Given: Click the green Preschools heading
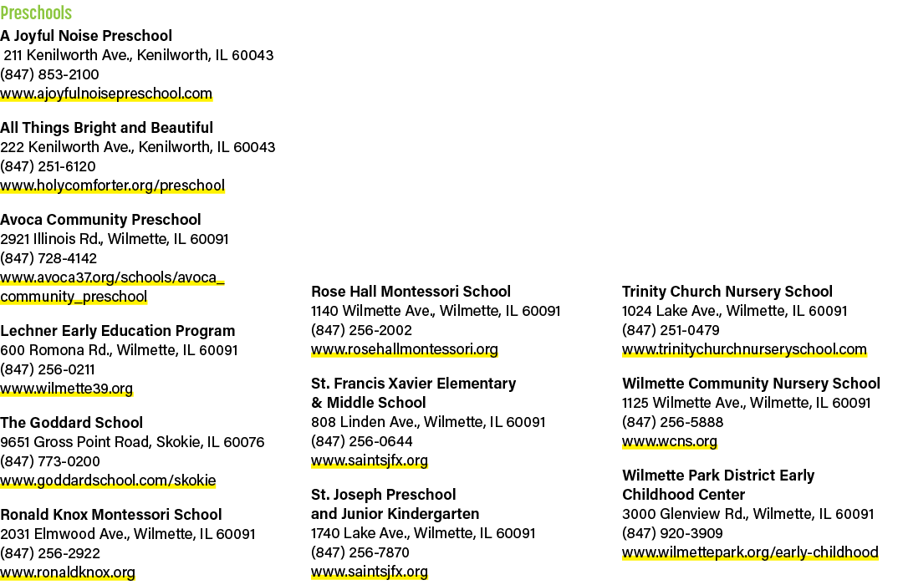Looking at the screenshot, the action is (x=36, y=13).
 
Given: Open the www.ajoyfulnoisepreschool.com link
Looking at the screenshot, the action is (x=106, y=94).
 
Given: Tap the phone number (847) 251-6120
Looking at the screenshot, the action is (x=48, y=166).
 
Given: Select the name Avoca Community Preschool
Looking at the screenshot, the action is (x=100, y=219).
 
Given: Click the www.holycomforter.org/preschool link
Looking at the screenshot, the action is (x=112, y=186).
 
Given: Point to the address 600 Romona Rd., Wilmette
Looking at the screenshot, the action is (x=119, y=350).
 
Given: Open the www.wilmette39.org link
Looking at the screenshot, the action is (x=66, y=389).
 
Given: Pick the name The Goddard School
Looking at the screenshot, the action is (x=71, y=423).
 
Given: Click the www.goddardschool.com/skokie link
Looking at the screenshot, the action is (x=108, y=481).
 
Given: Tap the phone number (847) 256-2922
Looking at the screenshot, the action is (x=50, y=553).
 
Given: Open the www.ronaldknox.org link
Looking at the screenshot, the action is (x=68, y=572).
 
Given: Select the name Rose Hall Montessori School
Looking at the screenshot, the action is (x=411, y=292).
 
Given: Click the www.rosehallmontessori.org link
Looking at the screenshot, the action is (x=405, y=349).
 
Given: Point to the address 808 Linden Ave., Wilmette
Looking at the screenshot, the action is (x=428, y=422).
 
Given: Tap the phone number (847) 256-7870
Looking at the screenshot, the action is (x=360, y=552).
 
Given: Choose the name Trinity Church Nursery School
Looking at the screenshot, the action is (x=727, y=292).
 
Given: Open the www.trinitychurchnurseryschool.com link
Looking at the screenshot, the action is (x=744, y=349).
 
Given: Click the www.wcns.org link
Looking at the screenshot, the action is (x=669, y=441).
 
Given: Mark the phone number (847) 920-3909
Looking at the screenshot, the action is (x=672, y=533).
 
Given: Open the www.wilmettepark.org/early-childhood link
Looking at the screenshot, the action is (x=750, y=552).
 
